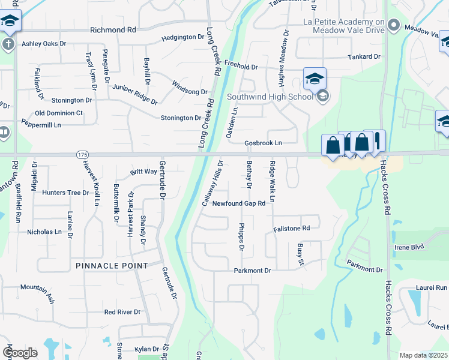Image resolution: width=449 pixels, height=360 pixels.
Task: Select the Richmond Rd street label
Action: tap(113, 29)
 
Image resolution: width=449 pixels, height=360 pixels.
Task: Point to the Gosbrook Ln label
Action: tap(263, 143)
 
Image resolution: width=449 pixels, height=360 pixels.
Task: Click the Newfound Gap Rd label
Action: tap(238, 203)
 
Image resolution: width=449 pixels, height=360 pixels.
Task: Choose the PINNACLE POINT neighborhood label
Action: tap(112, 265)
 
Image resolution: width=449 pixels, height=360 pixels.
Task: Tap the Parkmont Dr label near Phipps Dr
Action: tap(253, 271)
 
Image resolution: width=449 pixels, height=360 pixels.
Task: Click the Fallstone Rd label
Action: tap(291, 228)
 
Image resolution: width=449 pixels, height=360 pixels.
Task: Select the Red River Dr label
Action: tap(122, 312)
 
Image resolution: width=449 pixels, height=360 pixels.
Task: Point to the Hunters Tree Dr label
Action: tap(61, 193)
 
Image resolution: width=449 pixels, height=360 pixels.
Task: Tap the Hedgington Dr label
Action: tap(183, 37)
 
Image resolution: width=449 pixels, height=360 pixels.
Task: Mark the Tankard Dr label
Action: tap(364, 57)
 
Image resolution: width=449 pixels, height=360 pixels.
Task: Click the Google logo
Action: tap(20, 353)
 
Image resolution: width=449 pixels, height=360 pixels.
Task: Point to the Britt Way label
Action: tap(143, 172)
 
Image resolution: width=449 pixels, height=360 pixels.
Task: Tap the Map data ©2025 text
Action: tap(424, 355)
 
